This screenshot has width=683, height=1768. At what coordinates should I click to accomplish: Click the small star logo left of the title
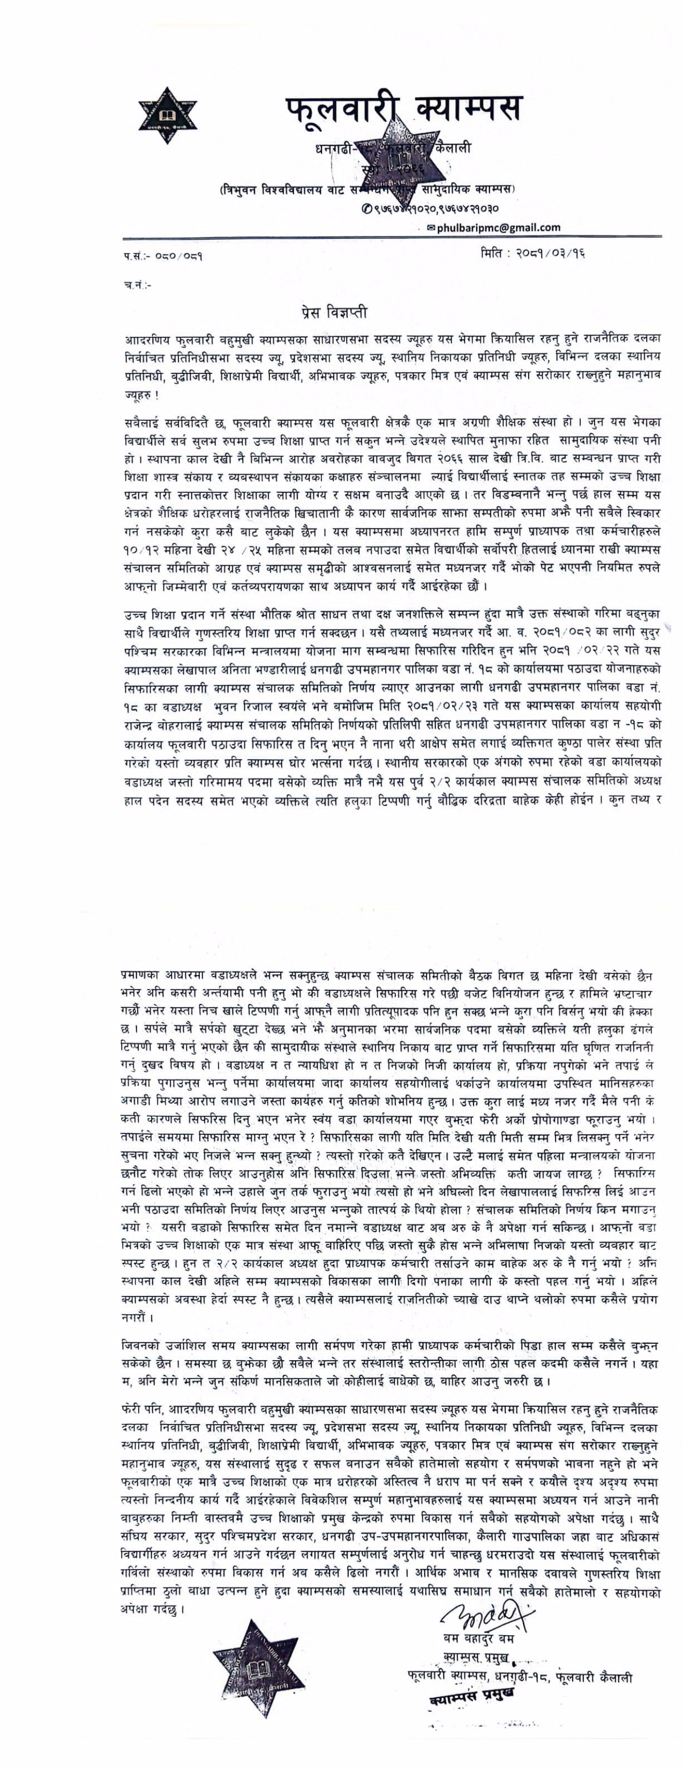[x=168, y=115]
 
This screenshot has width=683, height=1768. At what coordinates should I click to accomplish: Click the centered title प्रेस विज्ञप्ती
[x=334, y=313]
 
